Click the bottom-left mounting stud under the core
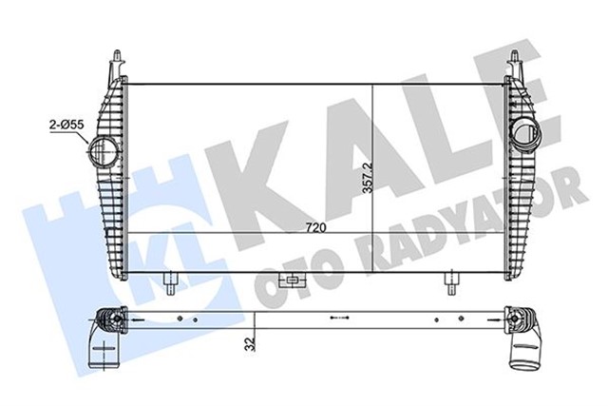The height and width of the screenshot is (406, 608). point(169,281)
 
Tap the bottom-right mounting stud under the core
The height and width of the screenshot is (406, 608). point(452,281)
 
